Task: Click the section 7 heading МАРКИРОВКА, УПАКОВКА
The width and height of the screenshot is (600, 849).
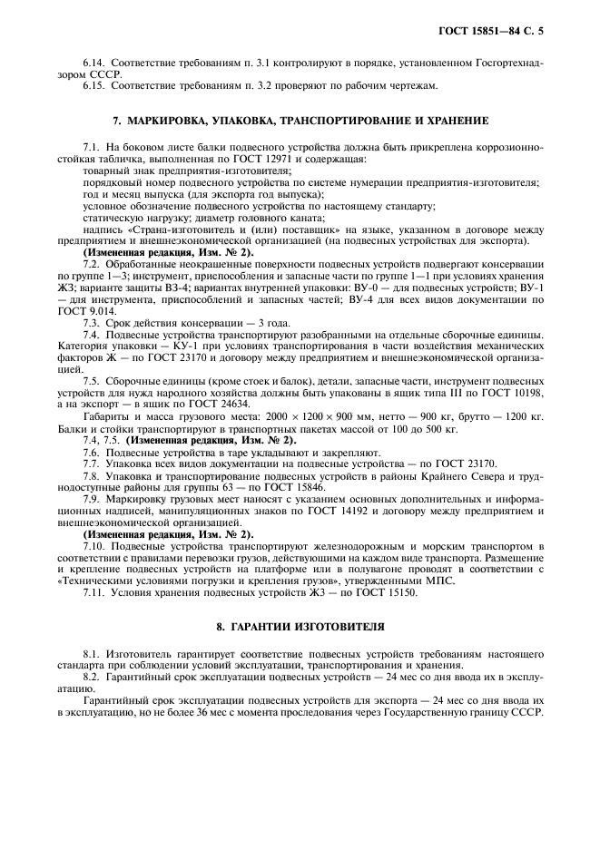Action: click(x=300, y=120)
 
